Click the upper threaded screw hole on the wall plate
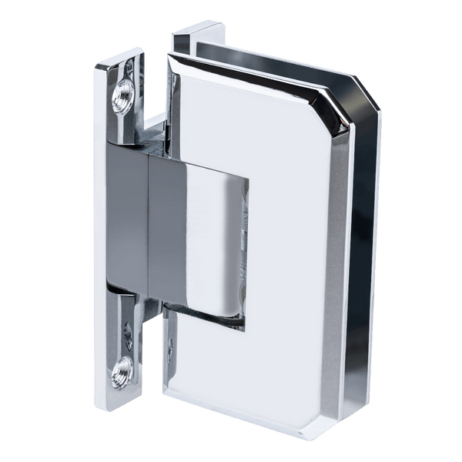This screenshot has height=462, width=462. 124,97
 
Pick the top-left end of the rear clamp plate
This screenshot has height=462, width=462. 179,35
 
